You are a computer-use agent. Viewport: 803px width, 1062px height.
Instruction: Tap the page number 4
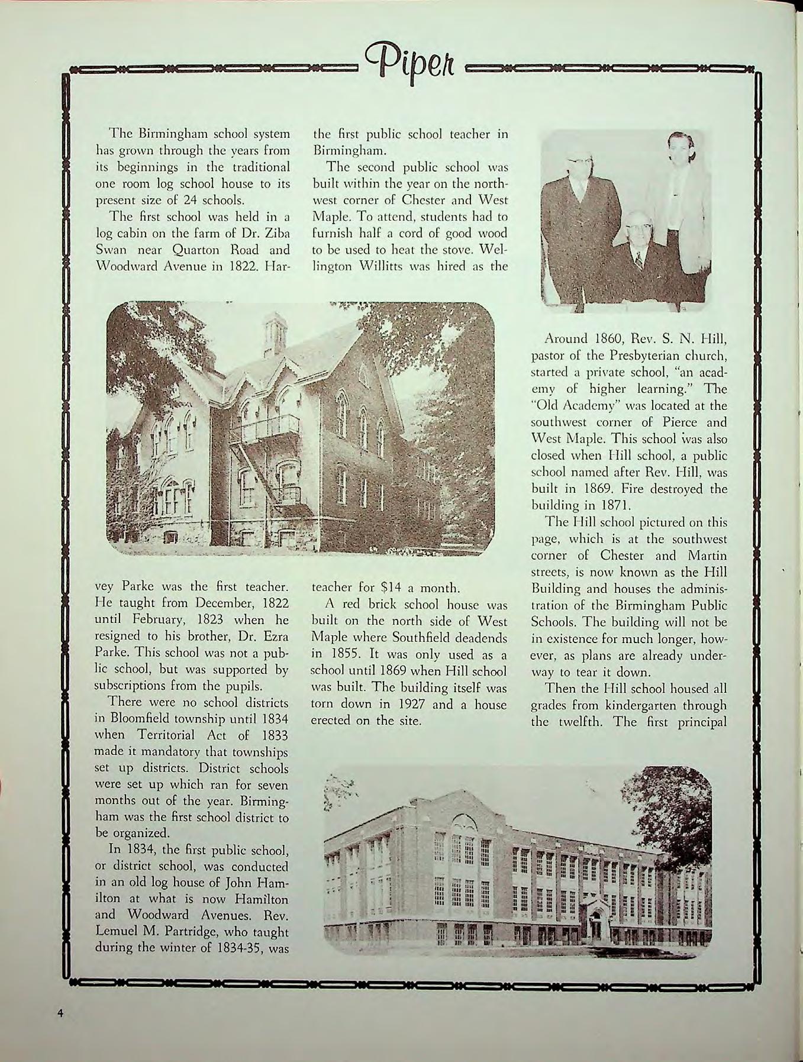tap(60, 1012)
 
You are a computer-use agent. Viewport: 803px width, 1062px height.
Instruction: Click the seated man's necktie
tap(638, 259)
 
